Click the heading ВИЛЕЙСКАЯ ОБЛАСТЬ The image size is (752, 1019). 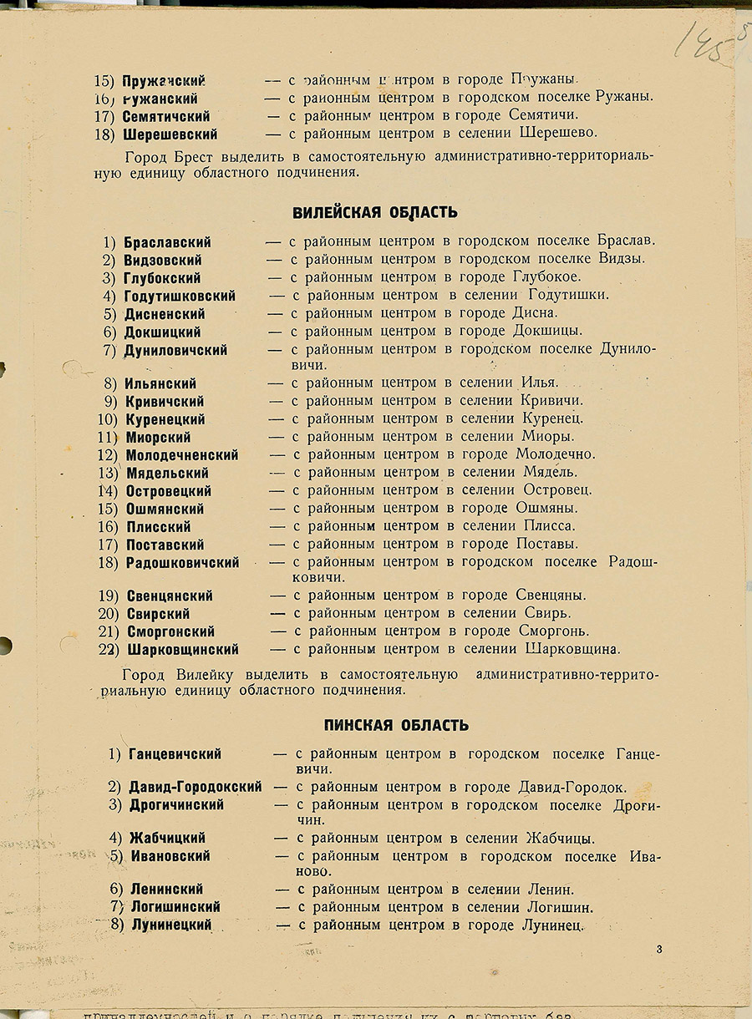pos(374,213)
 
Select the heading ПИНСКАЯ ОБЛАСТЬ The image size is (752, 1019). pos(396,725)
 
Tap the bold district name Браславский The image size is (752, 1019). pos(167,242)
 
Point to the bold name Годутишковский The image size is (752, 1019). pos(180,296)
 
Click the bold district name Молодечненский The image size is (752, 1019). pos(182,455)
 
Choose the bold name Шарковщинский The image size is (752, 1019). pos(182,649)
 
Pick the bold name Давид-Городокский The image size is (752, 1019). pos(196,787)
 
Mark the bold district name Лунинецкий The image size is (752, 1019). pos(171,925)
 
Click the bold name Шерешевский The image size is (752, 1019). pos(170,134)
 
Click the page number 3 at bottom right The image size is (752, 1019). pos(659,949)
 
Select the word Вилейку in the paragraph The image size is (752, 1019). pos(207,673)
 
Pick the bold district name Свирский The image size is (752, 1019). pos(158,614)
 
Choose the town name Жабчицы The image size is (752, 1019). pos(561,838)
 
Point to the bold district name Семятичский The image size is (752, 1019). pos(166,116)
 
